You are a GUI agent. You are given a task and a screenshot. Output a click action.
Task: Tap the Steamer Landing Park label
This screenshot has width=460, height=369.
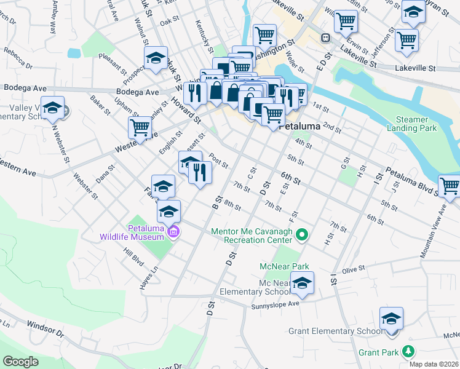tap(411, 124)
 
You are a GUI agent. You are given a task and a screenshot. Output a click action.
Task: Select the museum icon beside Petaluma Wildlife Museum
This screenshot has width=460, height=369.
tap(173, 232)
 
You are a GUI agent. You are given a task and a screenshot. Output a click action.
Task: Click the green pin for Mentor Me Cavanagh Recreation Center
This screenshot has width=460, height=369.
tap(301, 234)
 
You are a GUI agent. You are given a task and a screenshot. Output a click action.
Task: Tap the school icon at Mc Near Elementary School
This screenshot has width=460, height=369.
tap(302, 284)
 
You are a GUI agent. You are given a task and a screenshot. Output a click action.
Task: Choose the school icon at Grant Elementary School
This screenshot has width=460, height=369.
tap(391, 319)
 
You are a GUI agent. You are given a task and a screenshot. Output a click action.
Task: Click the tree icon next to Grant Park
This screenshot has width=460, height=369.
tap(407, 352)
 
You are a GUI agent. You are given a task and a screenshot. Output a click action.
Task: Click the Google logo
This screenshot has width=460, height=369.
tap(21, 361)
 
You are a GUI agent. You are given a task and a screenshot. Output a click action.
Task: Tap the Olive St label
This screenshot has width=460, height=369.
tap(354, 269)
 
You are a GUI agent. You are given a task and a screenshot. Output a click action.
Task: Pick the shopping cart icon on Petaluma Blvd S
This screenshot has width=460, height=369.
tap(450, 186)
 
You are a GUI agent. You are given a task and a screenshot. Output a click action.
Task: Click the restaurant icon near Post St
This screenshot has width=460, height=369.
tap(200, 173)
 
